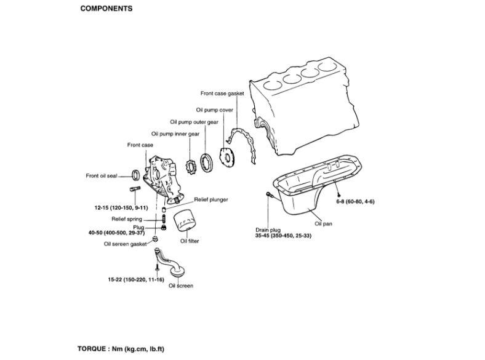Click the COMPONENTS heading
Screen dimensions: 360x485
(106, 10)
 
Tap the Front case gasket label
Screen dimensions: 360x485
(222, 94)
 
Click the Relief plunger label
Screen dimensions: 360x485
(211, 200)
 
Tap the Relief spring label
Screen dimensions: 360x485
(127, 218)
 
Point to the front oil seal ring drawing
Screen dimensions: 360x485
(137, 174)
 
